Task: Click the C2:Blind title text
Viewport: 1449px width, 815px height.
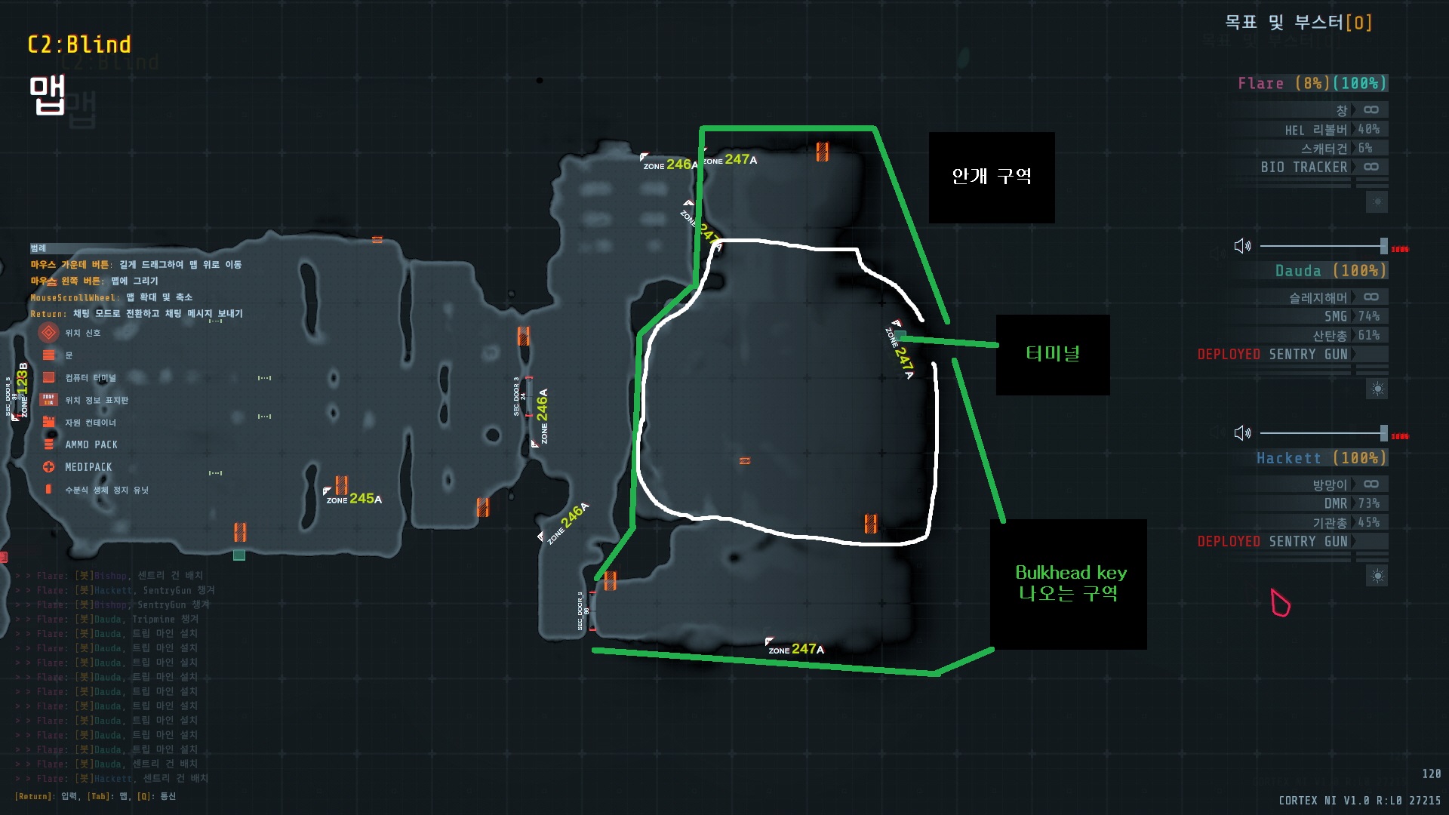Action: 79,45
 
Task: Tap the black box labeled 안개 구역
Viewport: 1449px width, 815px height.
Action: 991,177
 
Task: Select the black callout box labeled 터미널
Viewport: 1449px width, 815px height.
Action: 1052,354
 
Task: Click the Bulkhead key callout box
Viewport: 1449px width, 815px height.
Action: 1069,583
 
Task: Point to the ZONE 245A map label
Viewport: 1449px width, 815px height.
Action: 354,499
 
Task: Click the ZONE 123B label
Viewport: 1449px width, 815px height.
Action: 23,389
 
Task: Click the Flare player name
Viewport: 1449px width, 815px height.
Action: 1260,83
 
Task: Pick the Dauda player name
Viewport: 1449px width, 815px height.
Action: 1298,270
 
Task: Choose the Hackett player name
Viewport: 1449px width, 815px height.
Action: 1289,457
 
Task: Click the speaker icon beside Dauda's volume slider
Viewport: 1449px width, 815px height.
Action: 1241,246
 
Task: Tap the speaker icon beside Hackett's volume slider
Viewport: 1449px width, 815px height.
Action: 1241,433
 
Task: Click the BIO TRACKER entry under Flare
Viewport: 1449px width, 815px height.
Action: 1303,167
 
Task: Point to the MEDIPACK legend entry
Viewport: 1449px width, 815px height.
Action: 88,467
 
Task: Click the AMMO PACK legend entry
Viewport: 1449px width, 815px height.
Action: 91,444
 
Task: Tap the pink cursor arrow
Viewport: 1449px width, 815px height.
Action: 1280,602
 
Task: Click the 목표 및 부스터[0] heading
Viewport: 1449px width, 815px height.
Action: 1297,23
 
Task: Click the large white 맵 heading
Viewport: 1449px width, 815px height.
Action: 47,94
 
